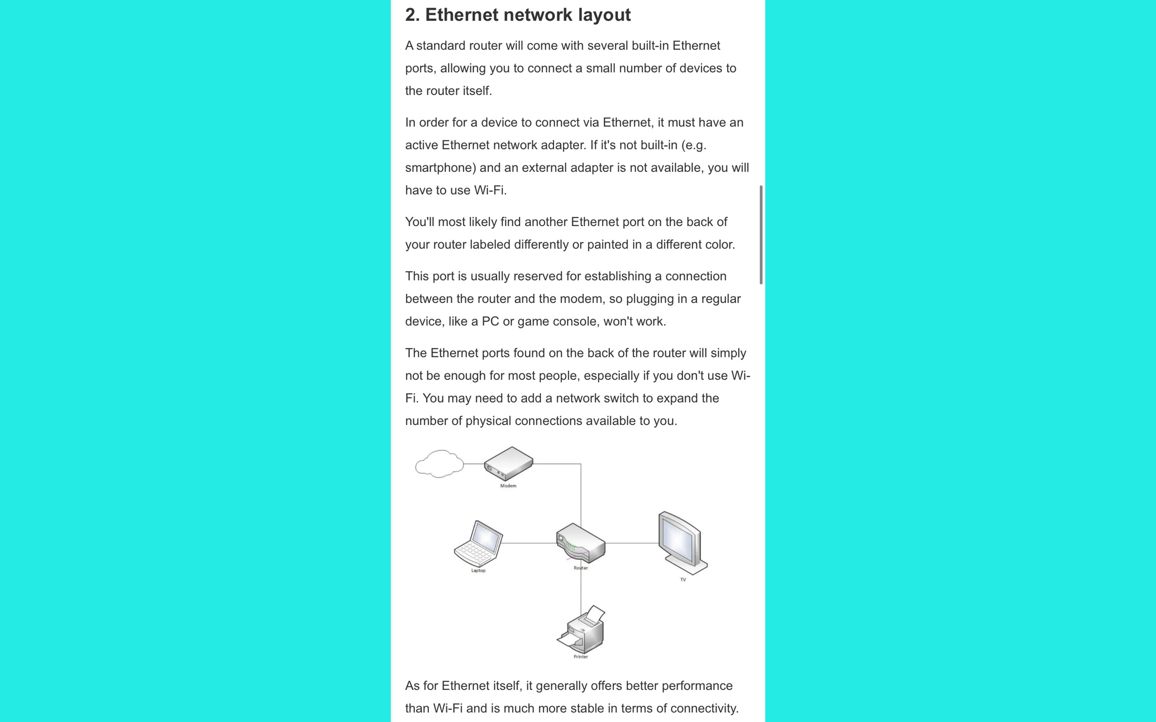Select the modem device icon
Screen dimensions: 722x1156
[508, 463]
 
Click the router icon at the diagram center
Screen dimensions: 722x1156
[581, 543]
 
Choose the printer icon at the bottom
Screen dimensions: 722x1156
[581, 630]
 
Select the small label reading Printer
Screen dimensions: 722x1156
[580, 657]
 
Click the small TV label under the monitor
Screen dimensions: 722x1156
[683, 580]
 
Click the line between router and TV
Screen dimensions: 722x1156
[631, 543]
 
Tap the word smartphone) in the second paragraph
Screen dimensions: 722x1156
[440, 167]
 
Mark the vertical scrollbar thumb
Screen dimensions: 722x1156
[761, 235]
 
